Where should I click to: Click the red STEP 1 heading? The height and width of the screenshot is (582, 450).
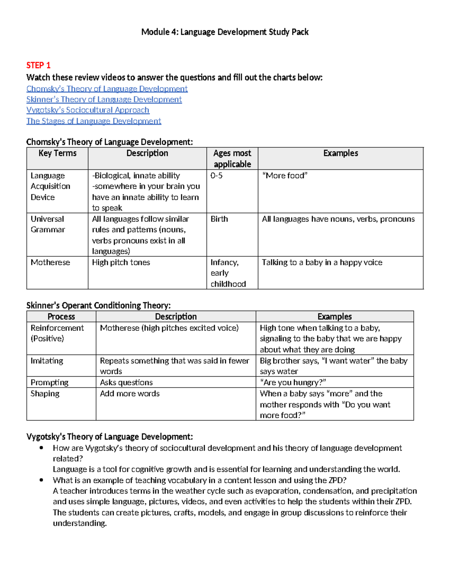click(38, 66)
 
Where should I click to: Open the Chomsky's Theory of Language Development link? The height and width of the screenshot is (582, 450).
click(107, 89)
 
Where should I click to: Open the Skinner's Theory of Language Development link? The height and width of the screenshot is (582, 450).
click(104, 100)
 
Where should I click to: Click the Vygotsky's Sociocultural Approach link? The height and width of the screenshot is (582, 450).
click(88, 110)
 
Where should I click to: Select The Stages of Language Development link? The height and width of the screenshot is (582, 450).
click(93, 121)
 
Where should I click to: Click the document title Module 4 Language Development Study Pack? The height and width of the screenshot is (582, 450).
click(225, 32)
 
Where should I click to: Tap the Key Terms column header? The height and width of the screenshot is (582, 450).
click(57, 153)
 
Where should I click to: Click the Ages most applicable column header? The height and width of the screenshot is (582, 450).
click(232, 159)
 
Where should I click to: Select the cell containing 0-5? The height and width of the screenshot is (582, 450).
click(216, 176)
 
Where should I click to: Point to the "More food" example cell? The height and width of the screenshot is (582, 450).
click(285, 176)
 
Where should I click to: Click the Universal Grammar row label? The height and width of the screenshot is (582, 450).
click(48, 224)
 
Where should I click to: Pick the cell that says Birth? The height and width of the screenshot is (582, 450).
click(219, 219)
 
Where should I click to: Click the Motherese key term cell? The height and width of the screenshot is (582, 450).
click(50, 263)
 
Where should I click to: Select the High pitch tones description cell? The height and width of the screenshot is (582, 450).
click(121, 263)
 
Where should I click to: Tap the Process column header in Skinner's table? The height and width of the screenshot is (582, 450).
click(61, 317)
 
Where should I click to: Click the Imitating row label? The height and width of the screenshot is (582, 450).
click(47, 361)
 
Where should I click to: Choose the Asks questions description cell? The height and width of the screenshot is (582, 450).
click(126, 383)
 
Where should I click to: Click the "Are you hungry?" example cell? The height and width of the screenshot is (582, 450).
click(293, 383)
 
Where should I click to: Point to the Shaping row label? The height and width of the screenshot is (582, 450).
click(45, 394)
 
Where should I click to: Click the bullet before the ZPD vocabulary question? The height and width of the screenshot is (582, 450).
click(41, 480)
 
